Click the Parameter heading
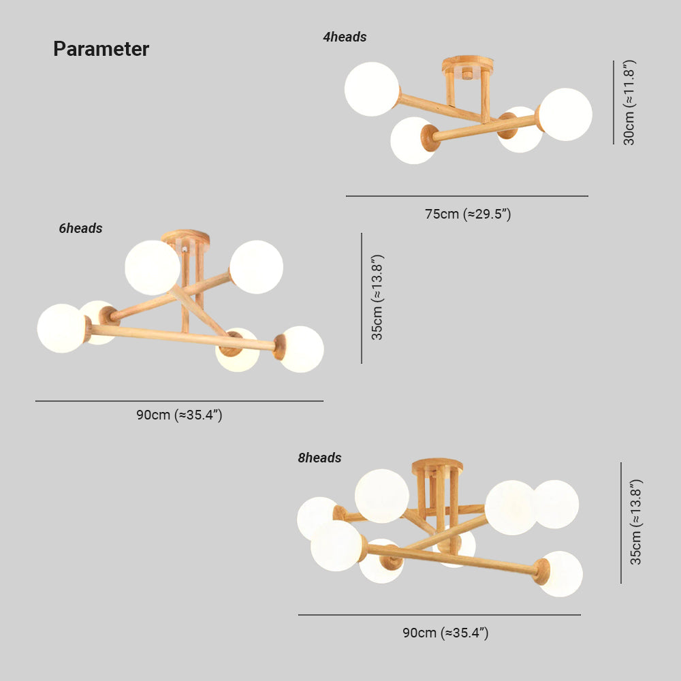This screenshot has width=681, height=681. pos(101,48)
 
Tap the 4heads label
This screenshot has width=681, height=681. pos(345,37)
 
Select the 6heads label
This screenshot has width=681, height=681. pos(81,228)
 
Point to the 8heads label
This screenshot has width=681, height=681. pos(319,458)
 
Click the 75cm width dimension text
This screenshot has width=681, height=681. pos(468,214)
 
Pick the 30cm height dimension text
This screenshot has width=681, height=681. pos(629,103)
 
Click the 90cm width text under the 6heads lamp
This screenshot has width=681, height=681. pos(179,415)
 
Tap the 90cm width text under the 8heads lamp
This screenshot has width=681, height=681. pos(445,633)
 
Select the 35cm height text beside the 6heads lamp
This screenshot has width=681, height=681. pos(377,298)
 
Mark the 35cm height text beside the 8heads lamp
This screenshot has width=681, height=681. pos(636,522)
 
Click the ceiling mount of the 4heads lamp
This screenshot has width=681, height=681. pos(468,65)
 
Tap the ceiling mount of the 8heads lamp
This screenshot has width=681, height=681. pos(437,467)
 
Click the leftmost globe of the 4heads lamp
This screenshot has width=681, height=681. pos(372,89)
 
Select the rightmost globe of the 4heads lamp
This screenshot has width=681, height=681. pos(565,114)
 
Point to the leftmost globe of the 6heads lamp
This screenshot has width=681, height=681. pos(62,328)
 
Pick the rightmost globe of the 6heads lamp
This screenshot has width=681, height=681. pos(301,349)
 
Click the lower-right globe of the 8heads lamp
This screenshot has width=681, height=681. pos(560,573)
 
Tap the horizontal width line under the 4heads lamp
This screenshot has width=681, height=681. pos(467,196)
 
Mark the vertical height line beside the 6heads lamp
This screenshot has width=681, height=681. pos(362,298)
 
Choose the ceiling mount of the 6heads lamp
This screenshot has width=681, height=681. pos(185,238)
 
